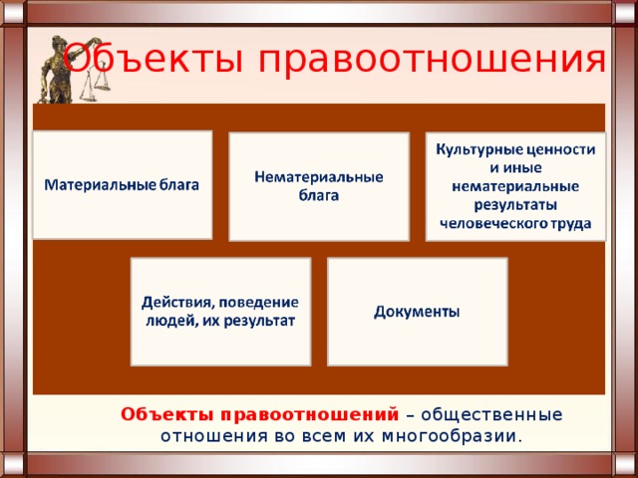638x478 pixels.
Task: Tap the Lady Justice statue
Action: pos(57,69)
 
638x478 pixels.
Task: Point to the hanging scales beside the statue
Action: pos(96,82)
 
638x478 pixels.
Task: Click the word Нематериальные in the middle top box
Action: pos(319,177)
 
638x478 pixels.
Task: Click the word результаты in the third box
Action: pos(515,205)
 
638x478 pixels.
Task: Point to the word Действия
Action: pos(179,303)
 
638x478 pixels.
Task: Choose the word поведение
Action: pos(259,303)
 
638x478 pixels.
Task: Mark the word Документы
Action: pos(417,312)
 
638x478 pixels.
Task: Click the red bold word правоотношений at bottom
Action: pos(310,415)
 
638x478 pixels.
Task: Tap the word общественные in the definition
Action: pos(491,415)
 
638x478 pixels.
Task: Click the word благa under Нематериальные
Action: pos(319,196)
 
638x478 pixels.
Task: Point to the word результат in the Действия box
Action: pos(259,322)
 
